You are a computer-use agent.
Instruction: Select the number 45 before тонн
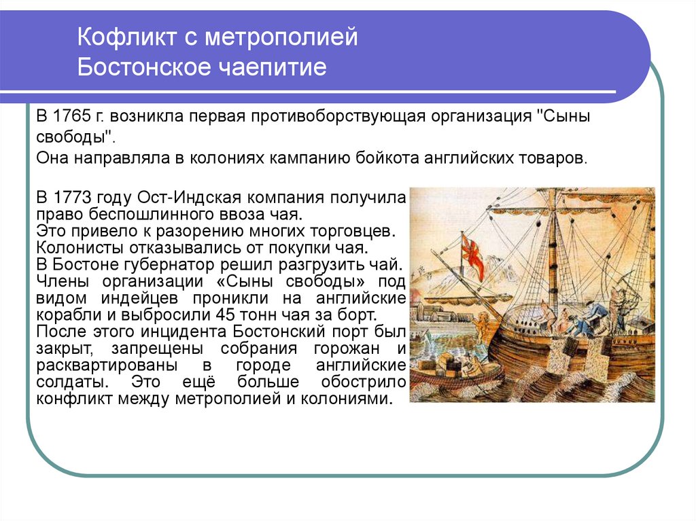point(226,315)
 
